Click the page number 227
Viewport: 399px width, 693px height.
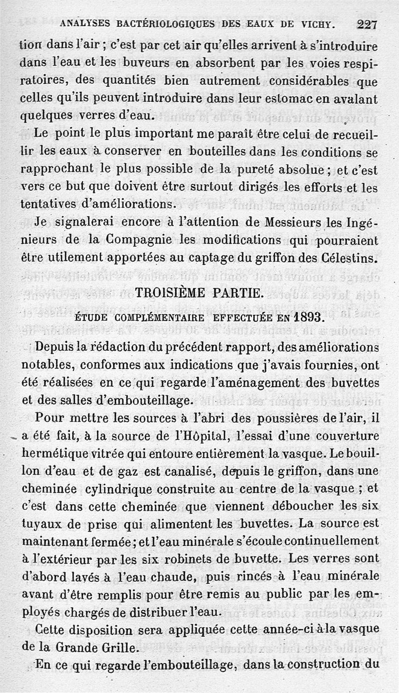point(367,23)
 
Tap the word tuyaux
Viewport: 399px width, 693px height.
point(38,524)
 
